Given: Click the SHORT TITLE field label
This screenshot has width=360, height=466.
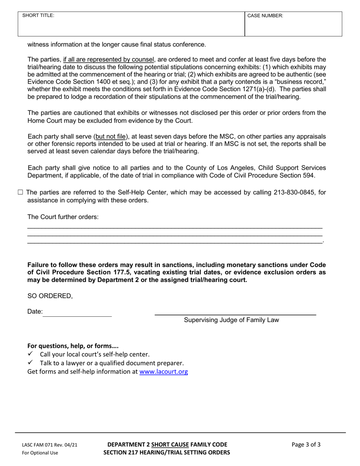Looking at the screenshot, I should click(38, 16).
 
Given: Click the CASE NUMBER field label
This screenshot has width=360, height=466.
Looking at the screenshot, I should click(265, 16).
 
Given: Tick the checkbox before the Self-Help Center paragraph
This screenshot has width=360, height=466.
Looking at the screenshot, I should click(20, 192).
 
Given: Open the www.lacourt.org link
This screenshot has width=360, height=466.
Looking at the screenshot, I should click(163, 372).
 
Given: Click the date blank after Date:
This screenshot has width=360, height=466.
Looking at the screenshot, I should click(77, 313).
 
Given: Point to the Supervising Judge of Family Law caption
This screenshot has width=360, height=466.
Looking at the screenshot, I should click(231, 320).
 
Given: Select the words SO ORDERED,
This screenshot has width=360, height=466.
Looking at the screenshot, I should click(50, 296).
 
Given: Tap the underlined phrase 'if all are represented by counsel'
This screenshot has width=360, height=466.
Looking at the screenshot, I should click(109, 59).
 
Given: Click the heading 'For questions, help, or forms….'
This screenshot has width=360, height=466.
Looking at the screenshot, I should click(73, 346).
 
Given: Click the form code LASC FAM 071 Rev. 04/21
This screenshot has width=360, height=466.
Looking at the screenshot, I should click(50, 445).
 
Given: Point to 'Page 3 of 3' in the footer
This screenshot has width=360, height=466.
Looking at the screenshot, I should click(306, 445).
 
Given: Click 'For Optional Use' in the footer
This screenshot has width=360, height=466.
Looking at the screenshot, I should click(40, 453).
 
